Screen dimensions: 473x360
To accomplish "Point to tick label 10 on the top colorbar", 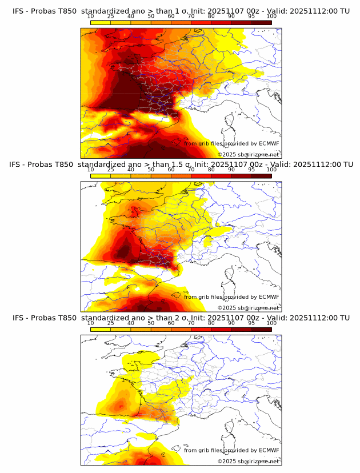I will [x=90, y=16].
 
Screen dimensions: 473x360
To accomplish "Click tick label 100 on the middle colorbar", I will [x=271, y=170].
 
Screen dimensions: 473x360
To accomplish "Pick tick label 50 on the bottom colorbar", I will [x=151, y=323].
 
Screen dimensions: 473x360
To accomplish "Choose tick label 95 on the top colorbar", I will [x=251, y=16].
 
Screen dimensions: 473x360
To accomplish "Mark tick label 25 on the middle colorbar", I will [x=110, y=170].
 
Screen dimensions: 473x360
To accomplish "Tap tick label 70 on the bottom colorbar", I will [x=191, y=323].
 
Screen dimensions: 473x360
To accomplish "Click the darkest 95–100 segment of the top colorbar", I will [x=261, y=23].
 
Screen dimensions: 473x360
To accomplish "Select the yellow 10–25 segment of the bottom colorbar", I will [x=101, y=330].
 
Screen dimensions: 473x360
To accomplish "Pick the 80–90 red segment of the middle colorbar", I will [x=221, y=177].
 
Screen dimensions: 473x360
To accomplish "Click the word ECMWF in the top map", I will [x=269, y=143].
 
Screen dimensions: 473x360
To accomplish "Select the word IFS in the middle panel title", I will [x=18, y=165].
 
